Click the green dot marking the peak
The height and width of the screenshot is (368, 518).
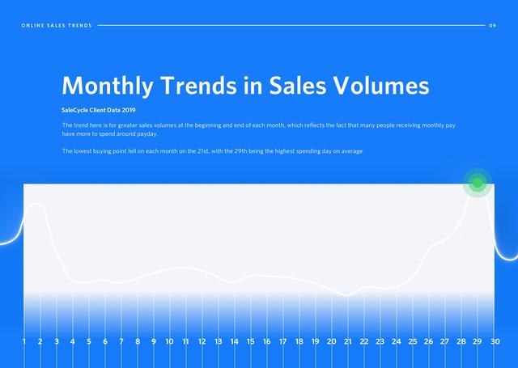click(478, 183)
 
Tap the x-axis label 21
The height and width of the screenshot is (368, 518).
click(347, 341)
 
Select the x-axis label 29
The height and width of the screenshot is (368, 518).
click(477, 341)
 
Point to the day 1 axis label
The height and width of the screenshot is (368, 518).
click(23, 341)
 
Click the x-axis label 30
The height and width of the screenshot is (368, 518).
click(495, 341)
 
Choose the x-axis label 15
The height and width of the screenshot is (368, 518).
click(250, 341)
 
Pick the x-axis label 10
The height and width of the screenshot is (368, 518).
click(169, 341)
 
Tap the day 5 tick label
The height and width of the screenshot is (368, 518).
click(89, 341)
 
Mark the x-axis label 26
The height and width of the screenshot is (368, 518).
click(428, 341)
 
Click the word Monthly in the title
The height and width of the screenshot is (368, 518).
click(108, 86)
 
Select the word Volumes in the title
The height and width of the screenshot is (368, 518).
click(382, 85)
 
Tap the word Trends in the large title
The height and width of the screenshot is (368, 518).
click(199, 85)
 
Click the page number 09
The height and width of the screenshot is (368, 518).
click(493, 25)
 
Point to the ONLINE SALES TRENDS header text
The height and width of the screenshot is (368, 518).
click(57, 25)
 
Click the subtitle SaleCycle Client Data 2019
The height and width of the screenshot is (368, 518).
click(99, 110)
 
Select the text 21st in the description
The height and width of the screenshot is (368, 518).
click(203, 151)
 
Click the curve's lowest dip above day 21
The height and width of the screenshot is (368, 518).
click(347, 294)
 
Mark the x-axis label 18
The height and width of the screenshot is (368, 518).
click(299, 341)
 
